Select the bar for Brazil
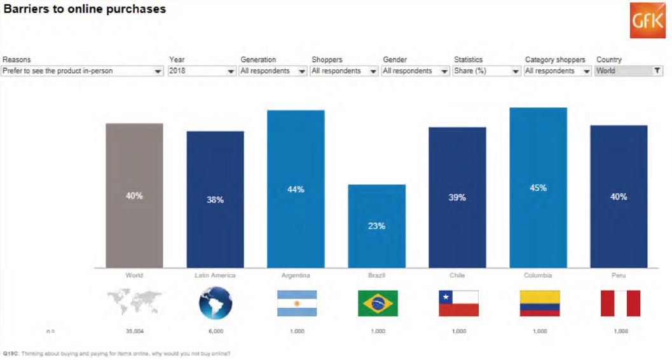click(376, 226)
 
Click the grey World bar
click(134, 195)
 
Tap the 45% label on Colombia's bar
click(538, 188)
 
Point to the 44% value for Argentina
click(296, 190)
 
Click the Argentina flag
click(296, 303)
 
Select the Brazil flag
click(378, 303)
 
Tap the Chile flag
click(458, 303)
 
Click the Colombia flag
click(540, 303)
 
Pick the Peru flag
click(621, 303)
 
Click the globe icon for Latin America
click(216, 303)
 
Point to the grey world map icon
click(134, 303)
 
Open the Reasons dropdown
click(82, 71)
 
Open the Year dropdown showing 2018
click(202, 71)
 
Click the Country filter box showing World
click(629, 71)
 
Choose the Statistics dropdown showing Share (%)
click(487, 71)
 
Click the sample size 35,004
click(134, 331)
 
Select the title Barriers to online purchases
click(85, 10)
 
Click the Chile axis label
click(457, 275)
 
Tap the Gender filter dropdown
click(416, 71)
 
